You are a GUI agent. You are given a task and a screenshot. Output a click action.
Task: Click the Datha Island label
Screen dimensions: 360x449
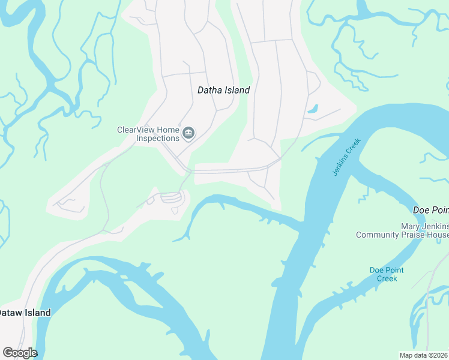click(x=223, y=90)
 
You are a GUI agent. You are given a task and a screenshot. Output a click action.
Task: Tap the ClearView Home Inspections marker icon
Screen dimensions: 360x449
click(x=188, y=133)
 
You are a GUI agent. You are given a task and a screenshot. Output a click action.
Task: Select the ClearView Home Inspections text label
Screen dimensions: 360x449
click(x=148, y=134)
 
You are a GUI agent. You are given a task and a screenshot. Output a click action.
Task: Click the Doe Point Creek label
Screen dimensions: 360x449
click(x=387, y=274)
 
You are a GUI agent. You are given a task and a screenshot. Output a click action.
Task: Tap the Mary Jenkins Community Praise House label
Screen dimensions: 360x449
click(x=402, y=230)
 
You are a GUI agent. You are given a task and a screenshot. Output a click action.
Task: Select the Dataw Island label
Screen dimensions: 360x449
click(x=25, y=313)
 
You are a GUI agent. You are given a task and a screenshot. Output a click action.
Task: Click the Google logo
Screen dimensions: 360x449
click(x=20, y=353)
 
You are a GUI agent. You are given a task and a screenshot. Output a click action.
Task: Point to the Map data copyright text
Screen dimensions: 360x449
click(x=424, y=355)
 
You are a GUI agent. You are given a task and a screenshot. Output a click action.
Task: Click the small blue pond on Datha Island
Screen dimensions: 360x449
click(x=312, y=109)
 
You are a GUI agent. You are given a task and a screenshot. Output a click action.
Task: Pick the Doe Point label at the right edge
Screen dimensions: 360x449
click(x=431, y=210)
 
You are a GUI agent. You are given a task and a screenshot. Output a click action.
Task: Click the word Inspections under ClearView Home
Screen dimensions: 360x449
click(x=157, y=138)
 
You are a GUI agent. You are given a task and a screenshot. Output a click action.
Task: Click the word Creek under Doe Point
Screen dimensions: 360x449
click(x=387, y=278)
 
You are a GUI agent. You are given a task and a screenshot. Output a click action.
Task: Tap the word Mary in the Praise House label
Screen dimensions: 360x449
click(x=409, y=226)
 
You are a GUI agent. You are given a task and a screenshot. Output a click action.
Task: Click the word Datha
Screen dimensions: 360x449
click(x=209, y=90)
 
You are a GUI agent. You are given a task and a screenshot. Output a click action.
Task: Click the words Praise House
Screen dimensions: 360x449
click(x=426, y=235)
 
